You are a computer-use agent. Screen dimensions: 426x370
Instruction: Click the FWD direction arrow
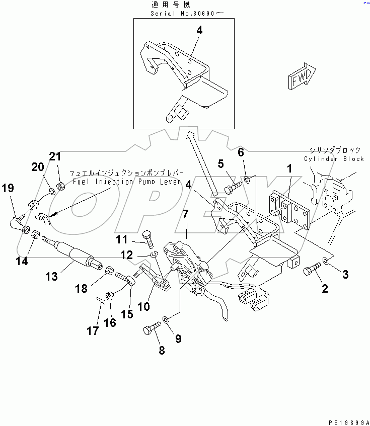click(x=301, y=77)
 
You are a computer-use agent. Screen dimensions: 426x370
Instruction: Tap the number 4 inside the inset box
click(x=199, y=31)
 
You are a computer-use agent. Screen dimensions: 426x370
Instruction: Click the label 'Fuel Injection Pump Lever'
click(x=126, y=182)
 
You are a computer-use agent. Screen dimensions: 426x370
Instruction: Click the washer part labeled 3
click(x=326, y=261)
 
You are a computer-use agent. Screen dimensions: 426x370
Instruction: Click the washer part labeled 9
click(x=167, y=318)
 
